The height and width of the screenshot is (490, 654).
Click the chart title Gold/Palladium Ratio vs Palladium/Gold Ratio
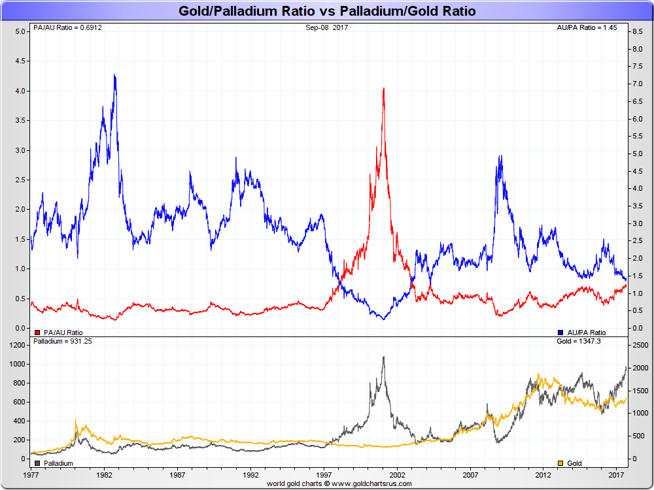click(x=327, y=11)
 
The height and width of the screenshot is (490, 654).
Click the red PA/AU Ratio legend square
click(x=37, y=332)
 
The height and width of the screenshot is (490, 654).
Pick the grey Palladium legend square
click(x=37, y=463)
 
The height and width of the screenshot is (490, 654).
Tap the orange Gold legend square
click(x=560, y=463)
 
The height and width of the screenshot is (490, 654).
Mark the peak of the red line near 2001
click(x=383, y=88)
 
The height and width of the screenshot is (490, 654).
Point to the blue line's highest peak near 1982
click(x=114, y=74)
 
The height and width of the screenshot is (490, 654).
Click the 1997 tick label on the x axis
click(x=324, y=472)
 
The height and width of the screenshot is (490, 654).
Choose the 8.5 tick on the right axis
click(x=634, y=31)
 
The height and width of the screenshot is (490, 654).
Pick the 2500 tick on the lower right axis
click(x=638, y=344)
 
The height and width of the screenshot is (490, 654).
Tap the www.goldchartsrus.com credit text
click(x=339, y=483)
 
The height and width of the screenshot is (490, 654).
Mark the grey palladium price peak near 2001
click(x=383, y=357)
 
